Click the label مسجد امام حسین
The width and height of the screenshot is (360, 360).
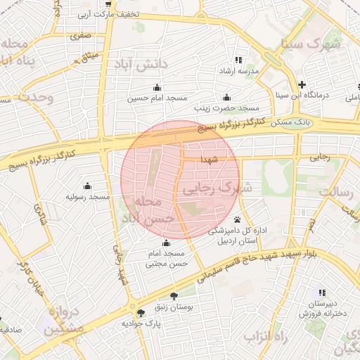pyautogui.click(x=149, y=98)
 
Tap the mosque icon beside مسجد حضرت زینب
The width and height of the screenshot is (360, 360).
pyautogui.click(x=226, y=98)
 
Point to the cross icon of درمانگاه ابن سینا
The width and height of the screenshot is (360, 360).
pyautogui.click(x=302, y=84)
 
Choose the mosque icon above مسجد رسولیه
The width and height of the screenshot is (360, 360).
pyautogui.click(x=87, y=186)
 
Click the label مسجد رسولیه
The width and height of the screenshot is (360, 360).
pyautogui.click(x=87, y=197)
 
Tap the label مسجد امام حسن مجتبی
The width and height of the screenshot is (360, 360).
pyautogui.click(x=165, y=259)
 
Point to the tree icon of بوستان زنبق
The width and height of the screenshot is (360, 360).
pyautogui.click(x=174, y=296)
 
